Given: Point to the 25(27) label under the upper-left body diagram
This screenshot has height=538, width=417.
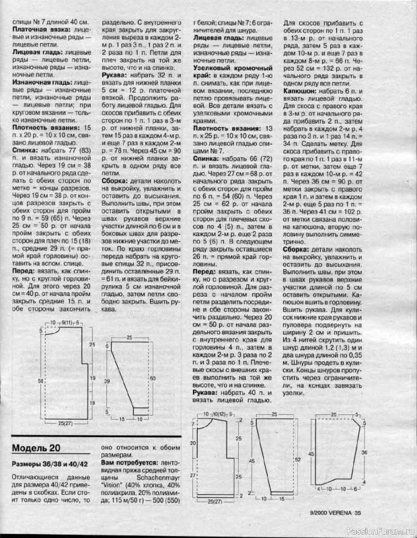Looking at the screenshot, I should tap(65, 423).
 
